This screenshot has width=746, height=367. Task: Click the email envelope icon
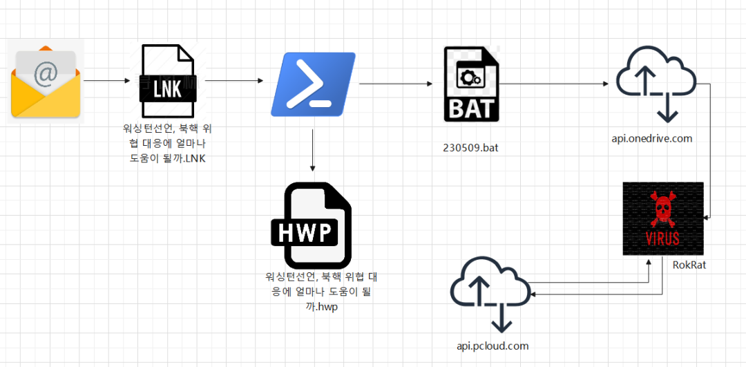click(46, 82)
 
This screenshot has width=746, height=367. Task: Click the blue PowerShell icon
click(312, 84)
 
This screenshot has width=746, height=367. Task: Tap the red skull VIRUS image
click(662, 218)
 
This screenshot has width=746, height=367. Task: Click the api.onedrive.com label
click(651, 139)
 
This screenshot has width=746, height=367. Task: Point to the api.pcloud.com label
click(492, 346)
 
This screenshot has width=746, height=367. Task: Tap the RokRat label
click(689, 265)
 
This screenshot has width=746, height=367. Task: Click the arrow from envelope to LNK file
click(106, 81)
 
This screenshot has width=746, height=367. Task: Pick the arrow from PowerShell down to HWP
click(313, 149)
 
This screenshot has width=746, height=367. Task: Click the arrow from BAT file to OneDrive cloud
click(555, 84)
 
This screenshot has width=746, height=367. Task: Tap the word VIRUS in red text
click(662, 238)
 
